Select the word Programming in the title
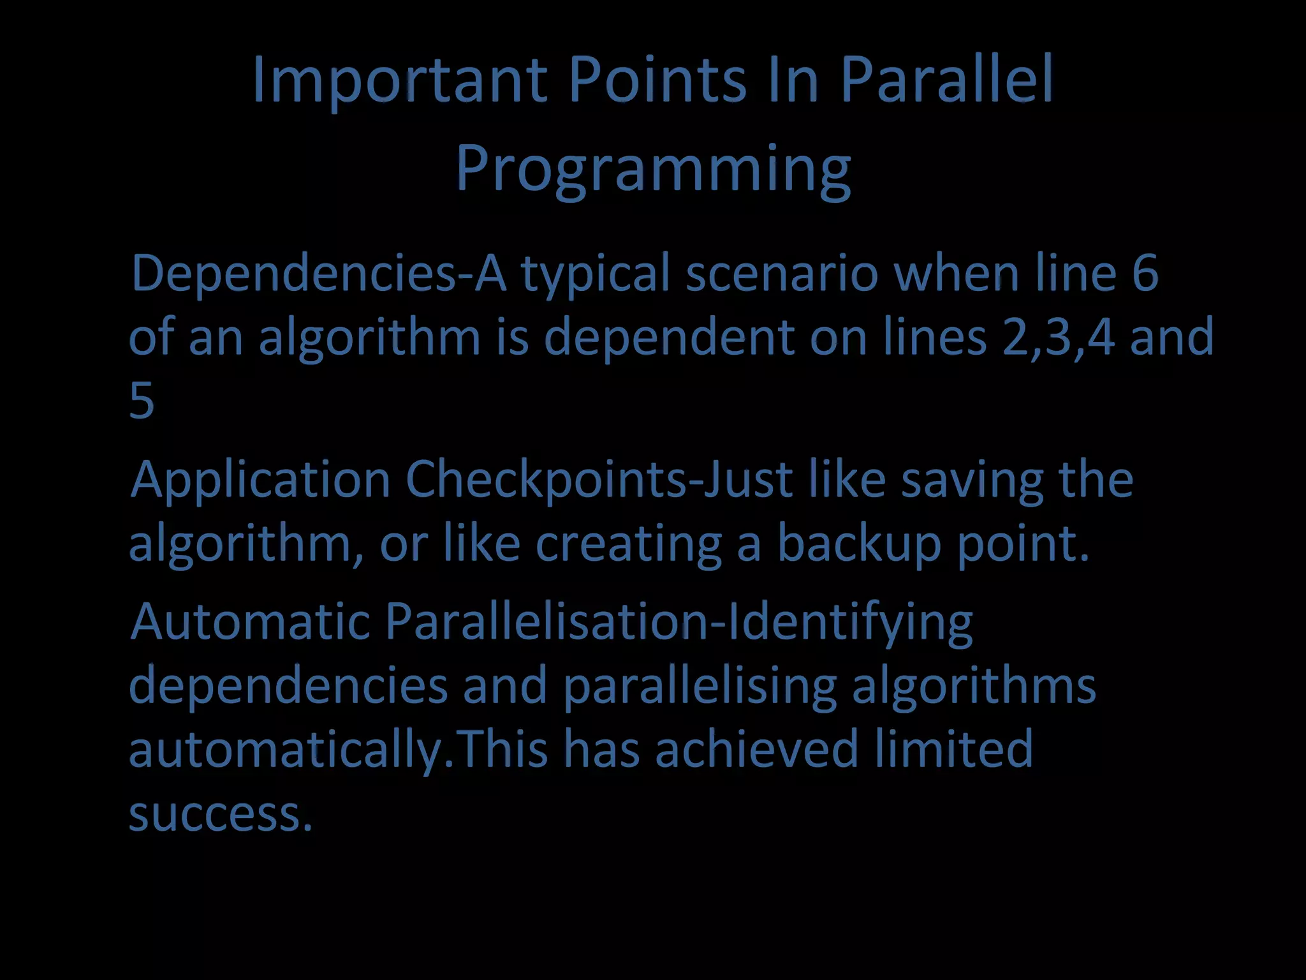click(653, 169)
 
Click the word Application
click(260, 480)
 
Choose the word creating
click(628, 544)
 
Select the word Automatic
click(250, 621)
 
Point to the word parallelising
click(700, 687)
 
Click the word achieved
click(756, 749)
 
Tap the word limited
click(953, 749)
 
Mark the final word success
click(221, 814)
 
